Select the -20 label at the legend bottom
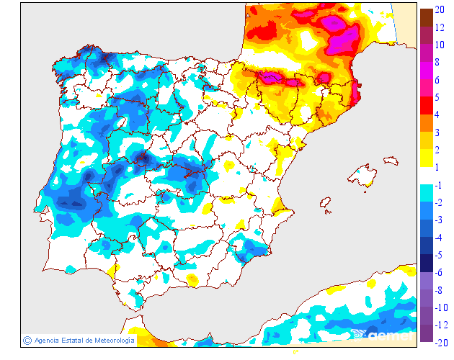442,343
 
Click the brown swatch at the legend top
426,17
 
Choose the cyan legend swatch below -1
426,194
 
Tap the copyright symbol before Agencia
27,340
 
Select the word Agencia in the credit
48,340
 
